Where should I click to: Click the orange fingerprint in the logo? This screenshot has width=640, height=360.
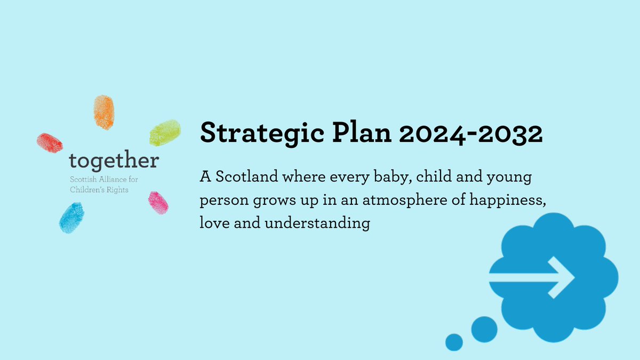click(104, 111)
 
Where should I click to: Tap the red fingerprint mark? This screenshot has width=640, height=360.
click(50, 142)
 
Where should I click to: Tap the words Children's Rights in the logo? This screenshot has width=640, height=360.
click(99, 189)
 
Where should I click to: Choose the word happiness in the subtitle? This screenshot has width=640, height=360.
click(502, 200)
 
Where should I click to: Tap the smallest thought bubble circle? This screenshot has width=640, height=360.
click(454, 342)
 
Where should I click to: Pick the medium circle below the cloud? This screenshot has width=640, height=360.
click(484, 326)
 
